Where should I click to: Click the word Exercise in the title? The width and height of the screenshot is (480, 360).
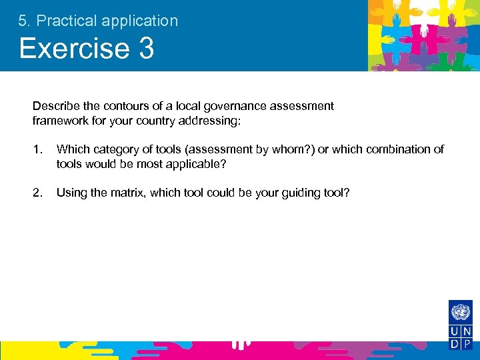point(73,49)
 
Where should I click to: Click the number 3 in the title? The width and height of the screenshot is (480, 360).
point(146,49)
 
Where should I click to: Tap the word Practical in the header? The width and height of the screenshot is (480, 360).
point(65,21)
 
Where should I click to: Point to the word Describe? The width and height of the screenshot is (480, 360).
point(54,106)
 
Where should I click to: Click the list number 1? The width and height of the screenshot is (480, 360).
point(37,149)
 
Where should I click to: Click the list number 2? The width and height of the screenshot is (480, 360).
point(37,193)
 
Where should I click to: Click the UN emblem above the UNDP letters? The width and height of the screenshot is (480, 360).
point(461,312)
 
